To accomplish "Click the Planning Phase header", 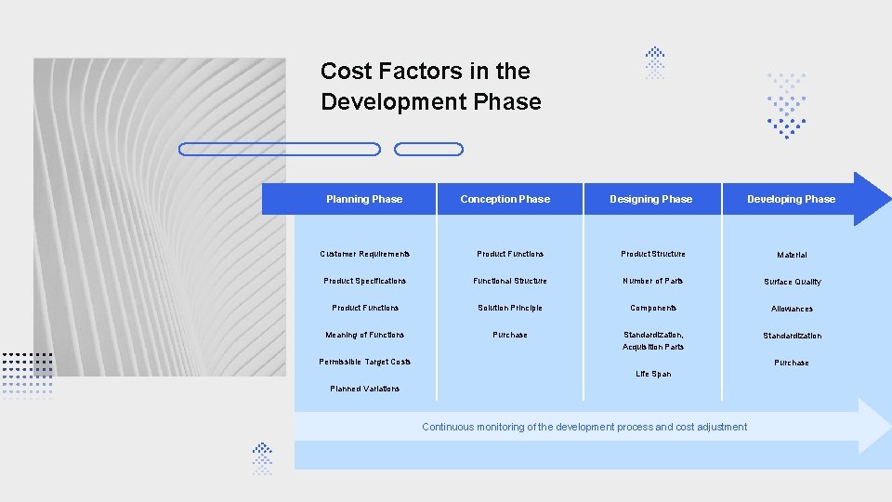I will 364,199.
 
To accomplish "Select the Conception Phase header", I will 505,199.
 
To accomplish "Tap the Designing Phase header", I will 650,199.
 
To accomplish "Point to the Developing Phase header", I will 791,199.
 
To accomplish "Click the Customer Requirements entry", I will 364,254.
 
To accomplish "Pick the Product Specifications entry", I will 364,281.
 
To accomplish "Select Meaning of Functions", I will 364,335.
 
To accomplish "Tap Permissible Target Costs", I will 365,362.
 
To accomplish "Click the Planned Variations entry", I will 364,389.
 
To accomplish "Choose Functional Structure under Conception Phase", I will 509,281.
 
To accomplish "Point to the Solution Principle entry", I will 509,308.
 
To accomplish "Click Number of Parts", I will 653,281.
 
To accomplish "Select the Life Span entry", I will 653,374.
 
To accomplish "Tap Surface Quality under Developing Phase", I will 792,282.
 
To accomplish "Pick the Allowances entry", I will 792,309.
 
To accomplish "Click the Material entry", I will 792,255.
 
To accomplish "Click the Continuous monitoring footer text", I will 584,427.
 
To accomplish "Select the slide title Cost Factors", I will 430,86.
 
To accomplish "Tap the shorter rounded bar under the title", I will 428,149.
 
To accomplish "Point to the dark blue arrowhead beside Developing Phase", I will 872,199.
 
